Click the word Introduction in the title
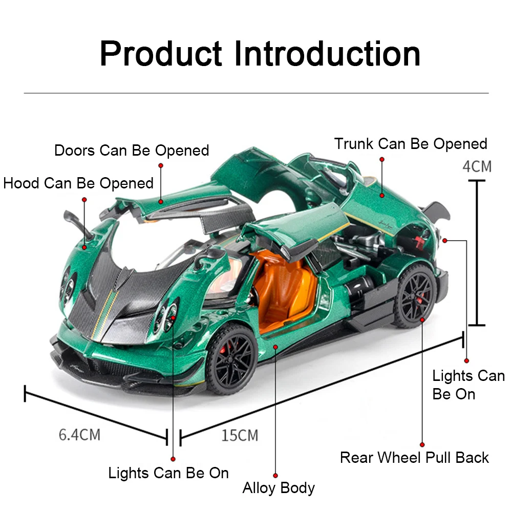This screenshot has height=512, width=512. pos(327,53)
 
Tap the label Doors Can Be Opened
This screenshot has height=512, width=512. pos(132,151)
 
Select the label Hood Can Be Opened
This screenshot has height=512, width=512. pos(78,183)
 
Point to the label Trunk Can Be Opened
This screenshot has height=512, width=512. pos(411,144)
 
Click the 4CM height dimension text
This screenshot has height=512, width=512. pos(477,166)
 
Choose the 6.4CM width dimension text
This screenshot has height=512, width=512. pos(79,435)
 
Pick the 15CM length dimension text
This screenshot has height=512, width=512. pos(240,436)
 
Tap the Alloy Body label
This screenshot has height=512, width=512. pos(279,488)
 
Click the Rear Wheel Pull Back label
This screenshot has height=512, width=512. pos(414,457)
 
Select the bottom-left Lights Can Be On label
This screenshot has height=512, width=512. pos(168,473)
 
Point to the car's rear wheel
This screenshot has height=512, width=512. pos(416,296)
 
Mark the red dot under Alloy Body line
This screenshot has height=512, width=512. pos(275,476)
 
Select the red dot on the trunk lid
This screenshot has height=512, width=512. pos(381,195)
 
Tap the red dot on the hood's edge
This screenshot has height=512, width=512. pos(85,247)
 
